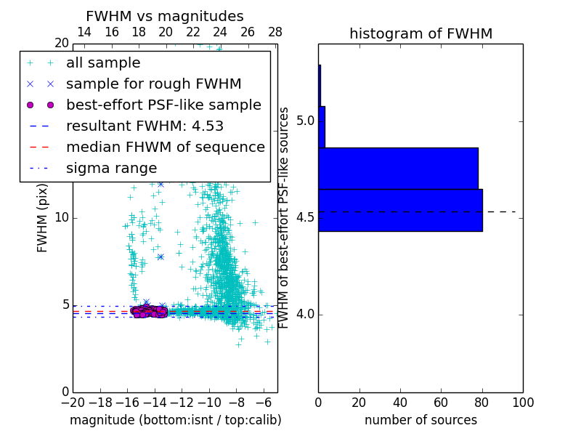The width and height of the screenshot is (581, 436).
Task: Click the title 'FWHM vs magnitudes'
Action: tap(165, 16)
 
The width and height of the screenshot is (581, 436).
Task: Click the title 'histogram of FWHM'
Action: tap(420, 33)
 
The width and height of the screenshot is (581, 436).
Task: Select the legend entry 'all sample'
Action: tap(103, 63)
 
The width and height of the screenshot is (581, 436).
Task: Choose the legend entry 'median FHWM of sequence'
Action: tap(165, 147)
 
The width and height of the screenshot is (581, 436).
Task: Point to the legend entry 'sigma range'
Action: tap(111, 168)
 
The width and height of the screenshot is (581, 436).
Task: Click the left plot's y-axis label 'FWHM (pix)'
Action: tap(43, 217)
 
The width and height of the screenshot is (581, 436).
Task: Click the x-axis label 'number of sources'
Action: tap(420, 420)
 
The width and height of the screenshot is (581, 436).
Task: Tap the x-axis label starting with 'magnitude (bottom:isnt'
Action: tap(175, 420)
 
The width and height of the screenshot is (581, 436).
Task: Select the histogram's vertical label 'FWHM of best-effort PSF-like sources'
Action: tap(285, 217)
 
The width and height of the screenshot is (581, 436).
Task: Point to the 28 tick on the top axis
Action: tap(275, 32)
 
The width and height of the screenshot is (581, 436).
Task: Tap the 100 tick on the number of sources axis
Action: tap(522, 402)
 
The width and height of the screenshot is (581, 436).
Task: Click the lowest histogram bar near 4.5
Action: tap(399, 210)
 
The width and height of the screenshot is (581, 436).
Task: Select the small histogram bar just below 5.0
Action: tap(321, 127)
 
